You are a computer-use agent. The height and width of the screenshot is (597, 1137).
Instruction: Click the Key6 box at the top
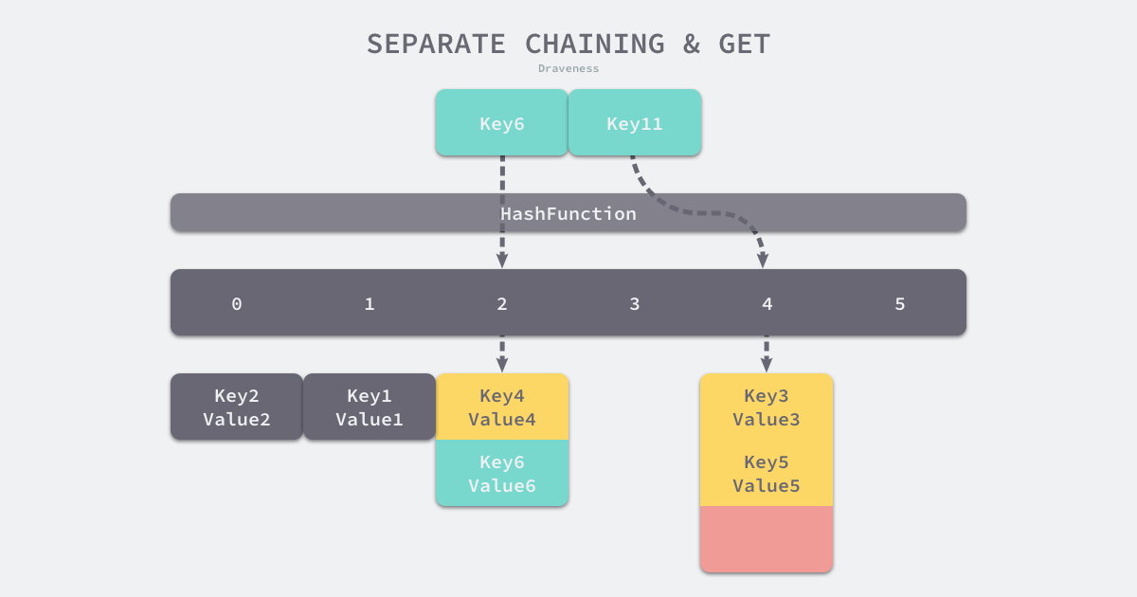pos(501,123)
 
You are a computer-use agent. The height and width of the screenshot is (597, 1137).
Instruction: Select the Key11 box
pos(635,123)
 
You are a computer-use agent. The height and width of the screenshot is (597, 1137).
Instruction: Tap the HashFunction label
pos(568,213)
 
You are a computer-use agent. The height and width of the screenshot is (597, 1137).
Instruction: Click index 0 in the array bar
pos(237,304)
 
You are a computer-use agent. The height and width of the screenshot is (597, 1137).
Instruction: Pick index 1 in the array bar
pos(370,304)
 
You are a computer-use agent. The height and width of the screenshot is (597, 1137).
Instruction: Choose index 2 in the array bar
pos(502,304)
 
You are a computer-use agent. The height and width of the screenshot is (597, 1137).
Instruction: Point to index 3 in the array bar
pos(635,304)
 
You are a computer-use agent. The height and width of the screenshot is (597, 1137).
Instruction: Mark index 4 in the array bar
pos(767,304)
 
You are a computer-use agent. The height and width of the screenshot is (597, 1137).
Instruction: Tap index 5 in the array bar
pos(900,304)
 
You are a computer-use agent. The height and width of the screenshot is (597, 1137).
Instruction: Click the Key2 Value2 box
pos(237,407)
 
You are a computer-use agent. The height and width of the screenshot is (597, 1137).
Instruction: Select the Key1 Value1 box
pos(370,407)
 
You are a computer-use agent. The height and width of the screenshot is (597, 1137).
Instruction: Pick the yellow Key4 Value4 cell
pos(502,407)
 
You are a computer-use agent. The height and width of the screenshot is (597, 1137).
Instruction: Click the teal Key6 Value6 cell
pos(502,474)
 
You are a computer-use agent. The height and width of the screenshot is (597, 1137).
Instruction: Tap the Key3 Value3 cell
pos(767,407)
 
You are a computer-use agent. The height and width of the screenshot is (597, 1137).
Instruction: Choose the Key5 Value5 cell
pos(767,474)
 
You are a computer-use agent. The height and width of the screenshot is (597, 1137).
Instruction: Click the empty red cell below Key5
pos(767,539)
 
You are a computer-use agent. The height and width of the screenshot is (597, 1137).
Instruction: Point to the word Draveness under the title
pos(568,68)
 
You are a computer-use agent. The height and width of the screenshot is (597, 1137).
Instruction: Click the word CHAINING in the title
pos(595,44)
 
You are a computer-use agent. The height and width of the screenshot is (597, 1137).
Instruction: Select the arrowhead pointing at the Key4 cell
pos(502,365)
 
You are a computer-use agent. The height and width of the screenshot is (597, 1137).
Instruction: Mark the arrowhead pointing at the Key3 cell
pos(767,365)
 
